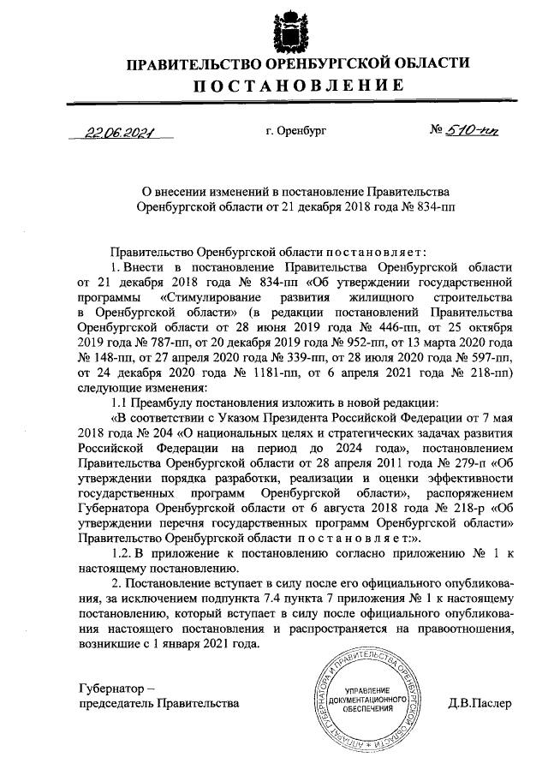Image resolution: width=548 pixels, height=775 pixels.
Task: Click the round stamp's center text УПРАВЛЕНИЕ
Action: (368, 691)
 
